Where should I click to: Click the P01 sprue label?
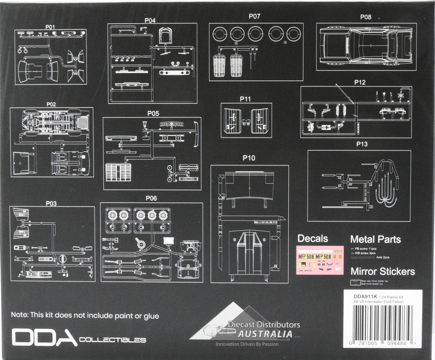pos(50,27)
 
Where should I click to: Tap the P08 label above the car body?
pos(365,17)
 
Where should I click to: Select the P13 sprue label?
pos(362,144)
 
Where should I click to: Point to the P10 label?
pos(249,158)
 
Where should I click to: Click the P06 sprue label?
pos(151,198)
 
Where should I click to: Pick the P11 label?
pos(245,99)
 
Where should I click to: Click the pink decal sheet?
pos(320,260)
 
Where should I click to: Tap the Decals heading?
pos(313,238)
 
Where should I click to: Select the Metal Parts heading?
pos(375,239)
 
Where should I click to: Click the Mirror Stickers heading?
pos(383,271)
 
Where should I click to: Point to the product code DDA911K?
pos(365,297)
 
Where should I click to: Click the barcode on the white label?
pos(383,322)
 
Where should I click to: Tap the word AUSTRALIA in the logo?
pos(265,334)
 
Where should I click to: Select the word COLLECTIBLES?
pos(113,340)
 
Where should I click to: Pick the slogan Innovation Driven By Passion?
pos(247,344)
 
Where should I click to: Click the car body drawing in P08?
pos(366,46)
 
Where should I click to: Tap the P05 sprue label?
pos(153,114)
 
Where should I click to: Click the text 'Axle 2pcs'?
pos(383,257)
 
